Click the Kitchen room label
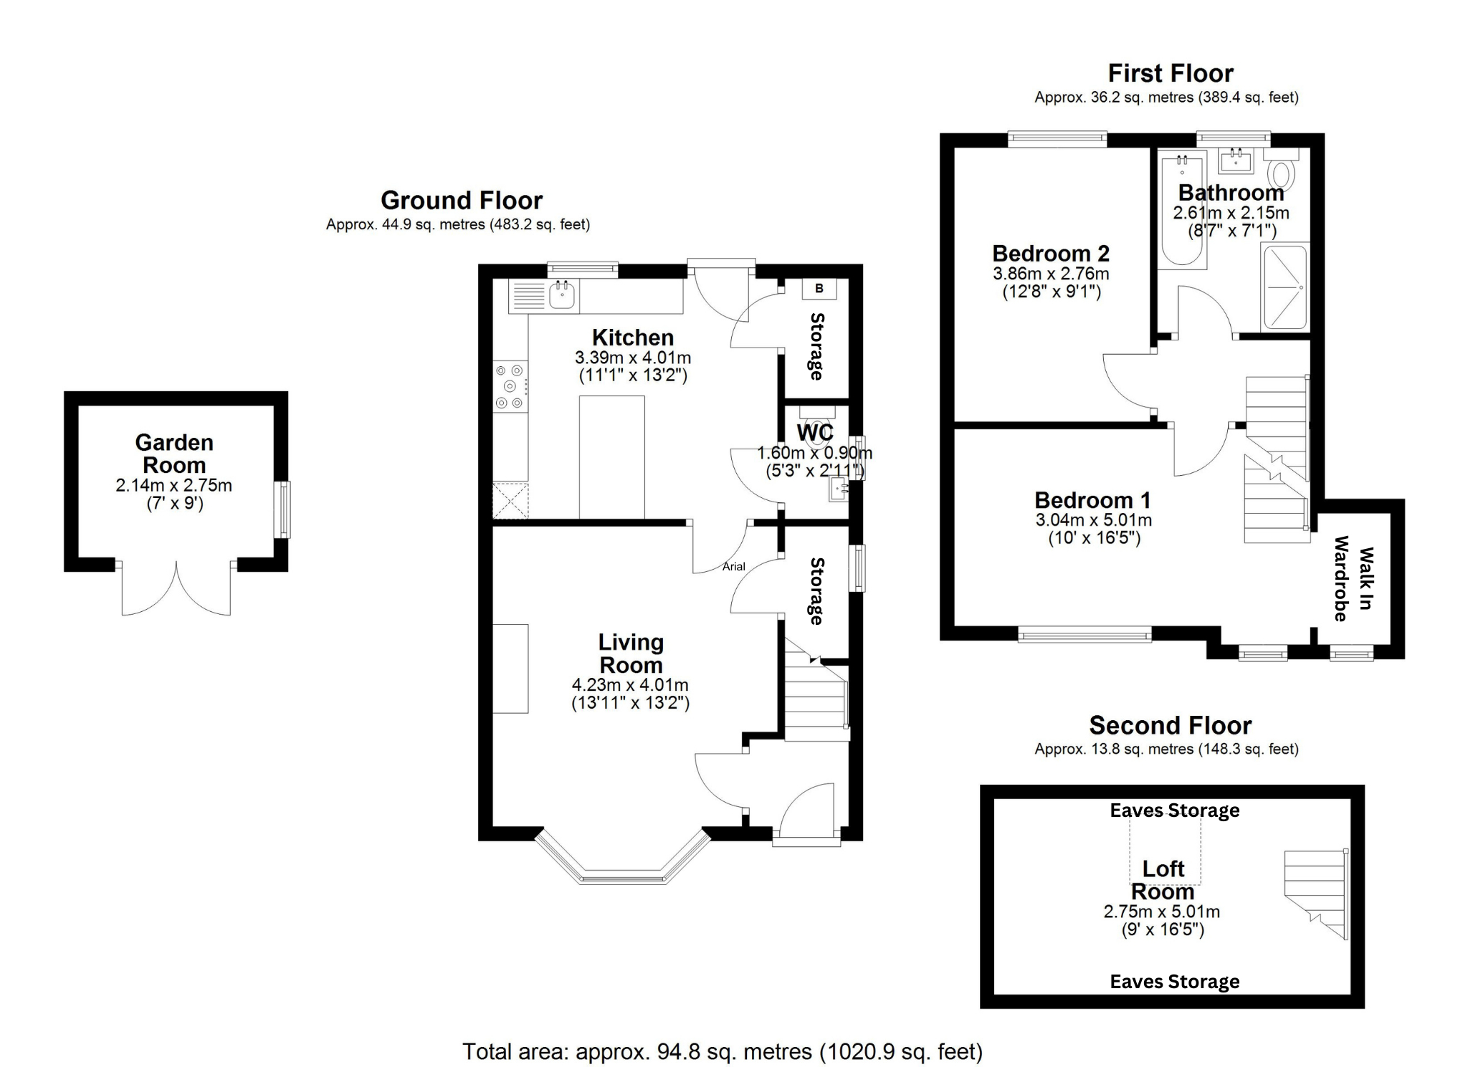(x=632, y=338)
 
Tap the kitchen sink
(x=563, y=295)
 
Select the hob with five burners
(x=510, y=386)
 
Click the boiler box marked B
(x=819, y=288)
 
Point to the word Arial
(x=733, y=566)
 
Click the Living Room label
(x=631, y=654)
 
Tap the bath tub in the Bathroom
(x=1181, y=211)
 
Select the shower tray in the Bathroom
(x=1284, y=287)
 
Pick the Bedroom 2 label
(x=1051, y=254)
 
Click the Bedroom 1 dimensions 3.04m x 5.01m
(x=1094, y=520)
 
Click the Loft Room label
(x=1163, y=880)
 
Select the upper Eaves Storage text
(x=1175, y=810)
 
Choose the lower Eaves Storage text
(x=1175, y=982)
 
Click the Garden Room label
(x=174, y=454)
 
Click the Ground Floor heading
(x=462, y=200)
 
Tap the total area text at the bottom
(x=723, y=1051)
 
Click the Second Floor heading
(x=1171, y=725)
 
